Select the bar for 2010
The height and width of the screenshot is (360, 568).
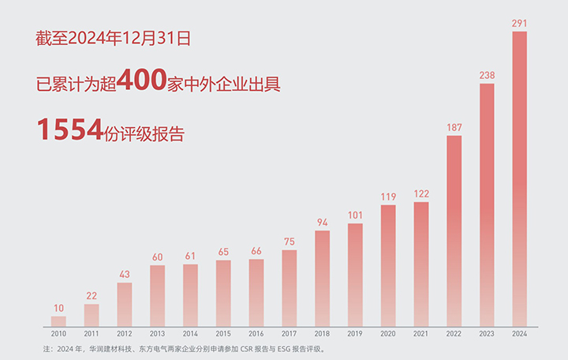pyautogui.click(x=58, y=321)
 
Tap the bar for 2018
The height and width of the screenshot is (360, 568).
pyautogui.click(x=322, y=278)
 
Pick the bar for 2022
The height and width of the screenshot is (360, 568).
pyautogui.click(x=454, y=231)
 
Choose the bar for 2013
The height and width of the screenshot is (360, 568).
pyautogui.click(x=157, y=295)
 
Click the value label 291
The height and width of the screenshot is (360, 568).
pyautogui.click(x=519, y=24)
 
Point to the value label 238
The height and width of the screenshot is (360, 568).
pyautogui.click(x=487, y=76)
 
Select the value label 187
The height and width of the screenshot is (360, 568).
pyautogui.click(x=454, y=128)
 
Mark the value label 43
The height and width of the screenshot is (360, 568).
pyautogui.click(x=125, y=274)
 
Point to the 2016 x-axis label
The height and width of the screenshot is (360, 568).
pyautogui.click(x=256, y=335)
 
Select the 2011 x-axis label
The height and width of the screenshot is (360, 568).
pyautogui.click(x=92, y=335)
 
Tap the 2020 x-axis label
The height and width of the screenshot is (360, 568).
pyautogui.click(x=388, y=335)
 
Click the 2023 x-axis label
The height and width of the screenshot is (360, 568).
pyautogui.click(x=487, y=335)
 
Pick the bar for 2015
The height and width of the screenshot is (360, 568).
pyautogui.click(x=223, y=293)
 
